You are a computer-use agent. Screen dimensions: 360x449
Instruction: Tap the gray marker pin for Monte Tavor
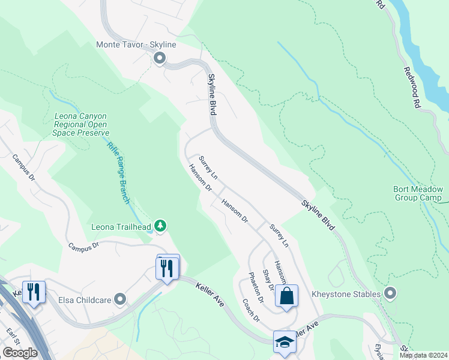click(160, 58)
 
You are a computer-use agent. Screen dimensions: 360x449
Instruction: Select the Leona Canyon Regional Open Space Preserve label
click(82, 124)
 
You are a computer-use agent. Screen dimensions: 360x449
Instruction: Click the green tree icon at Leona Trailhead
click(160, 226)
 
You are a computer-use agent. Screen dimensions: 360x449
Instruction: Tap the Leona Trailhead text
click(120, 227)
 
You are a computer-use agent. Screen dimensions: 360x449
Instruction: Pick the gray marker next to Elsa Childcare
click(121, 298)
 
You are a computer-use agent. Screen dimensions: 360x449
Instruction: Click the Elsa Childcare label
click(85, 298)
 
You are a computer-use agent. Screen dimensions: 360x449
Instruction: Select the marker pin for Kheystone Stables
click(391, 293)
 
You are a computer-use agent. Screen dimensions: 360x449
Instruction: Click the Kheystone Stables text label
click(346, 294)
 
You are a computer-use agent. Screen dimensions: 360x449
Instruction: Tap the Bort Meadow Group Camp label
click(418, 193)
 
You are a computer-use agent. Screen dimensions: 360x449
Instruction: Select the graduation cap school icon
click(285, 342)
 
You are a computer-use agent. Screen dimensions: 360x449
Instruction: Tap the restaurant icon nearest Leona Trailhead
click(167, 268)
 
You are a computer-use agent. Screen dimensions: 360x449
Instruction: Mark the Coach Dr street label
click(251, 310)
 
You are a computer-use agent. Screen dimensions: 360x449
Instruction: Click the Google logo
click(20, 353)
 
